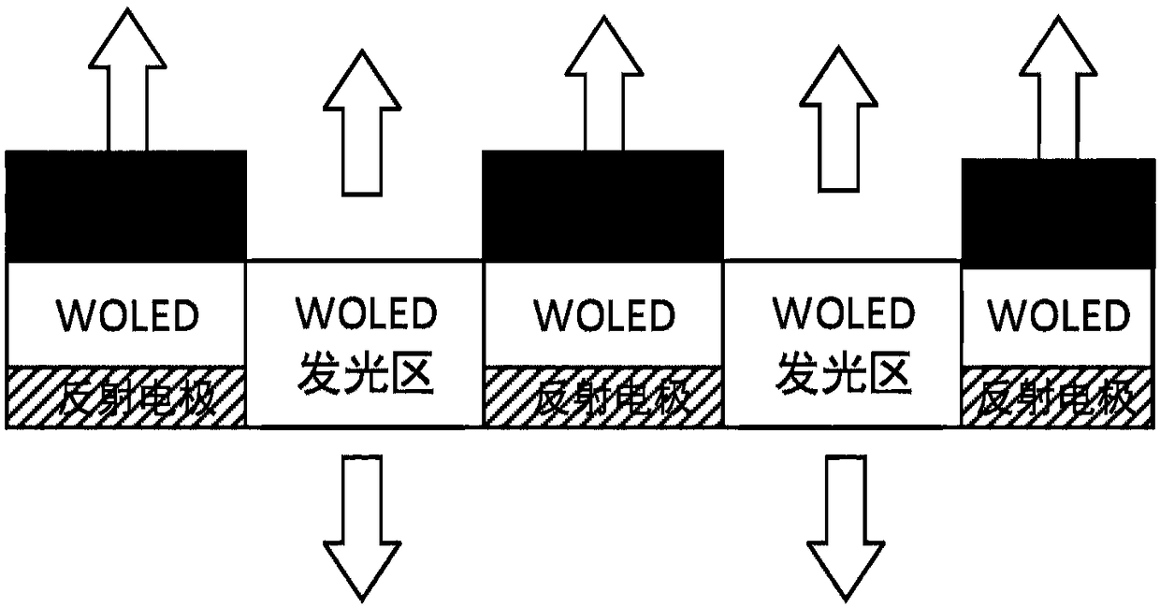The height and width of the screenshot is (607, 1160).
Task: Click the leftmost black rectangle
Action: click(126, 206)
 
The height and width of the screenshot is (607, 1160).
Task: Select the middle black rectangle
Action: click(602, 206)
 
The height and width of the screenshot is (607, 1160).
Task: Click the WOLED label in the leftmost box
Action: click(128, 315)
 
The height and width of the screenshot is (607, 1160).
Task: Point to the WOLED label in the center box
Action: click(603, 315)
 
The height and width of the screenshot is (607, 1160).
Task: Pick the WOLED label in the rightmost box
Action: click(1061, 315)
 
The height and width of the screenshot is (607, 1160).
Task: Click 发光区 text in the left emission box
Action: click(366, 377)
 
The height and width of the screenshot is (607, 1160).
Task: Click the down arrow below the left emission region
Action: click(361, 524)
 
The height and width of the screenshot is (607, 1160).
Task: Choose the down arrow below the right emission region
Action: click(845, 524)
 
